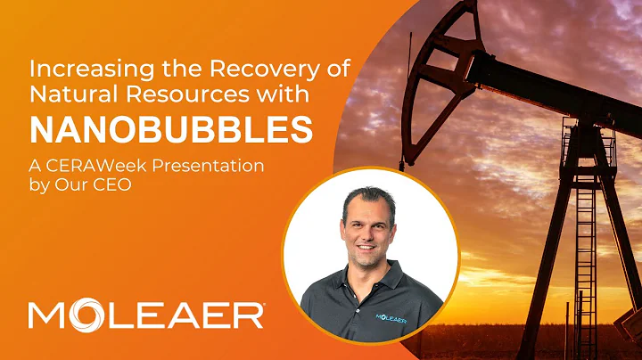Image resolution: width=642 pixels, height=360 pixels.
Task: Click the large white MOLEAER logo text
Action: point(145,315)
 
